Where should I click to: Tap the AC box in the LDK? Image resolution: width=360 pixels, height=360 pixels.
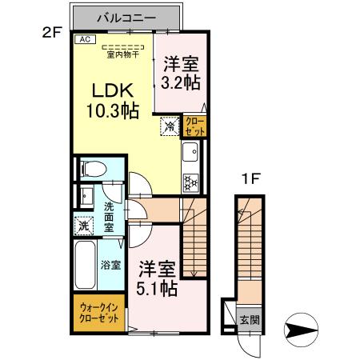(x=85, y=38)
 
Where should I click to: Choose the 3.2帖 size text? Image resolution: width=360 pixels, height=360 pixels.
(x=181, y=79)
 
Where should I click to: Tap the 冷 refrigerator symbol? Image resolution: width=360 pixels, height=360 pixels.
(x=170, y=126)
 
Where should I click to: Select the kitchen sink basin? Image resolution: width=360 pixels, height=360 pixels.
(x=193, y=153)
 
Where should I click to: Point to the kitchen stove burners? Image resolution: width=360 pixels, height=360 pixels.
(x=192, y=180)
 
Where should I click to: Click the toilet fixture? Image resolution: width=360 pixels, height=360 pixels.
(x=93, y=169)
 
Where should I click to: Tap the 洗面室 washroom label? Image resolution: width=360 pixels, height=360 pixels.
(x=109, y=216)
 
